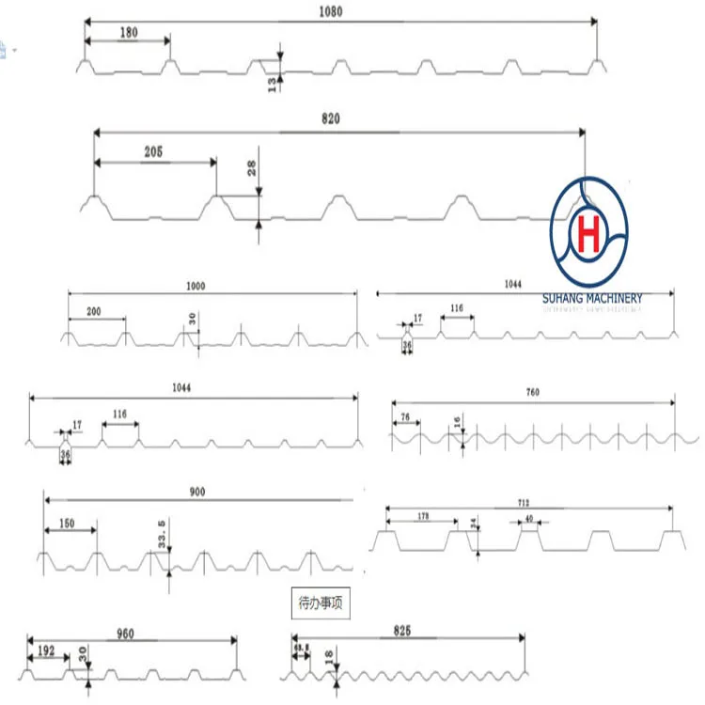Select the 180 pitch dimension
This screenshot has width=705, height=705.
[129, 32]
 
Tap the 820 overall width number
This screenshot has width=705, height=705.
[329, 119]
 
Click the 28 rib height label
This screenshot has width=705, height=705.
[251, 169]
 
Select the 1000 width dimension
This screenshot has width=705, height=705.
[196, 285]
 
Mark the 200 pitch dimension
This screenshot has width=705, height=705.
[94, 310]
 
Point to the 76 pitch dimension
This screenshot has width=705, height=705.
[405, 416]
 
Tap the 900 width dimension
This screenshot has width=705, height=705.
[196, 492]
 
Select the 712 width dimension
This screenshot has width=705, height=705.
[524, 502]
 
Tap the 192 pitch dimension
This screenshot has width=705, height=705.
[45, 649]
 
